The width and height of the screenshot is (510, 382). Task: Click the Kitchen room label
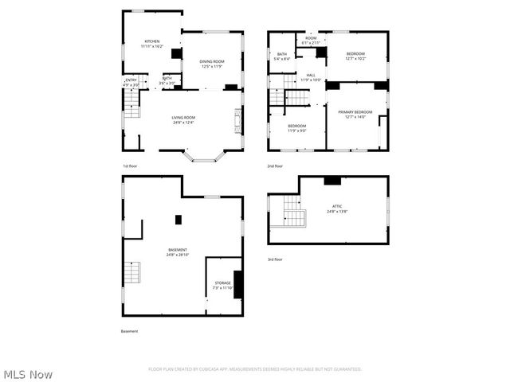151,44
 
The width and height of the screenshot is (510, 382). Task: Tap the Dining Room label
211,64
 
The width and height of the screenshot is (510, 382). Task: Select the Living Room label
183,120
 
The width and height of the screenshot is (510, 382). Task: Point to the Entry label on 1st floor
131,81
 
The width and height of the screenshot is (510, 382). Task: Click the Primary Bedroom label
355,115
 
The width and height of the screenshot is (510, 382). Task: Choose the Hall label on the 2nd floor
310,77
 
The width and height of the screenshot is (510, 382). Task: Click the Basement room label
178,252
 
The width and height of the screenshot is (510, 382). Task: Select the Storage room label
222,285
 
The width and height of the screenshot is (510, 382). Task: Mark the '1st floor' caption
129,166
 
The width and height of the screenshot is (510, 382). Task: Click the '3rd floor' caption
276,259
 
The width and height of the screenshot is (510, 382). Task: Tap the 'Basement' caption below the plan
129,331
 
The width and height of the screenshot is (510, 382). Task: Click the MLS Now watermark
29,374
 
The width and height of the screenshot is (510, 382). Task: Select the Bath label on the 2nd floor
282,57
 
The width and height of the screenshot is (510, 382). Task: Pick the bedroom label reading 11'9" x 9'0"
297,128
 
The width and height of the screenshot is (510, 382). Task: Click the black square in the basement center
178,219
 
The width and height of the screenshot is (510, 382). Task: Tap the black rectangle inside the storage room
237,284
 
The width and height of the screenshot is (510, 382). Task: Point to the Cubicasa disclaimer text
255,369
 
